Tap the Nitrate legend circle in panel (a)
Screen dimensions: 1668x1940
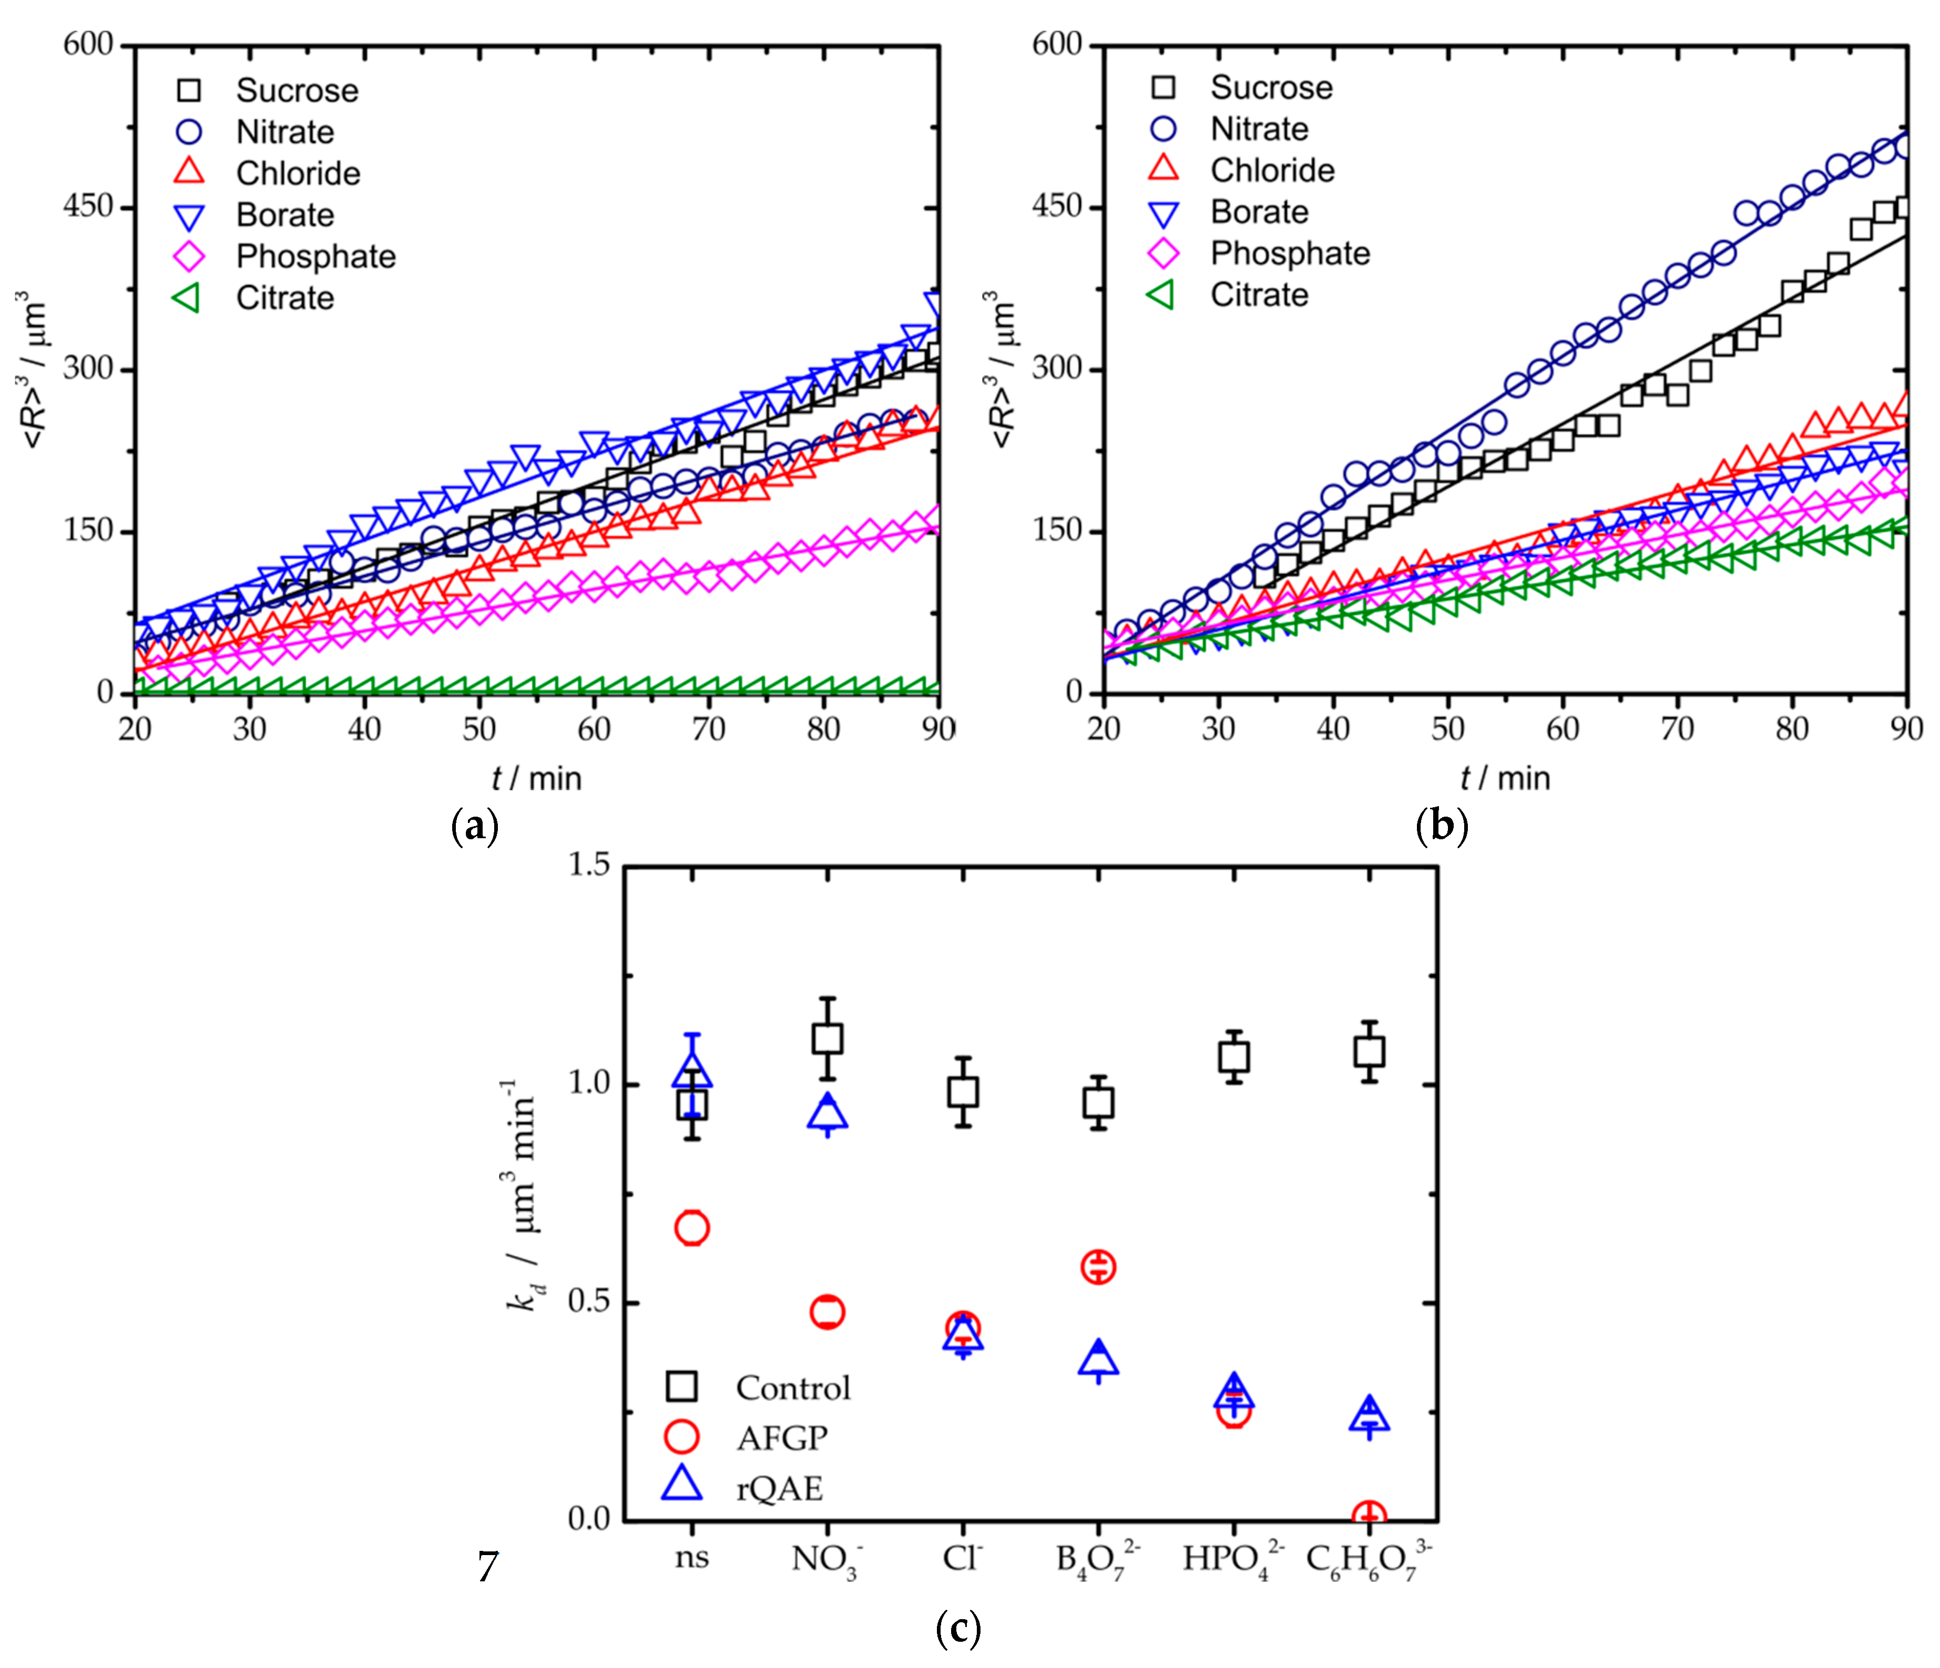click(x=189, y=132)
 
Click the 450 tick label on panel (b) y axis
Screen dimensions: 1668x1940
click(x=1056, y=206)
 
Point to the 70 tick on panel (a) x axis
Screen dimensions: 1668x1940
click(x=709, y=728)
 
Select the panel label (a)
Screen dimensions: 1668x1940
click(x=475, y=826)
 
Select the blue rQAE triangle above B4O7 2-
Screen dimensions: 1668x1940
click(x=1098, y=1357)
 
